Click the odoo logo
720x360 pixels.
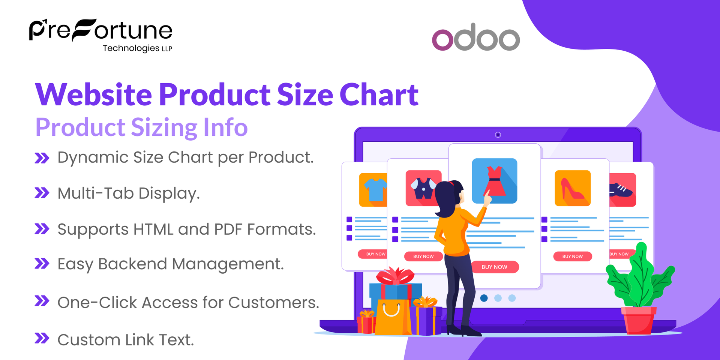(475, 37)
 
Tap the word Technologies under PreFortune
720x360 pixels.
(131, 48)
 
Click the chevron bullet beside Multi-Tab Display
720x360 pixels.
(42, 193)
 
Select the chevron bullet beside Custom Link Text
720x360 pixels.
(42, 338)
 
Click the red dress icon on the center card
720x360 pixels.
(494, 181)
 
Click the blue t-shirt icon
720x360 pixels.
(374, 189)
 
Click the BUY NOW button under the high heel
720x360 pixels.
(572, 256)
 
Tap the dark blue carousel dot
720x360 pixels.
(484, 298)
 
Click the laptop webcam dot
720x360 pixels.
(498, 135)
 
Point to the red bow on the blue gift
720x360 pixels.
(395, 276)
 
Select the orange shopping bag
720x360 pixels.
(391, 317)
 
